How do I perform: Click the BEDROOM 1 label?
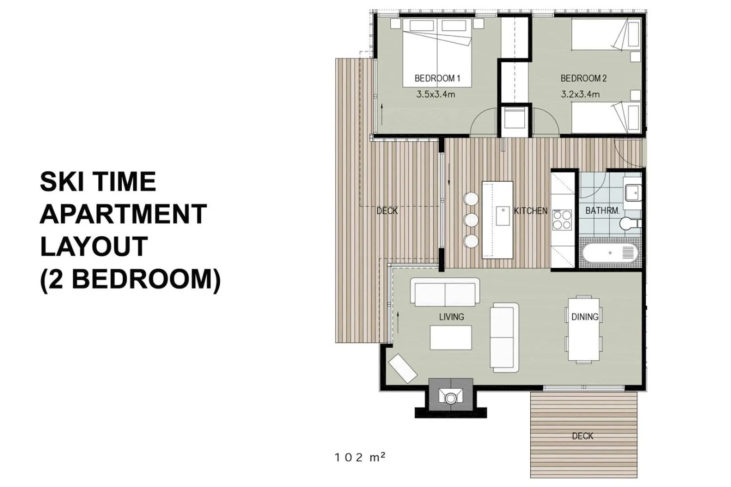click(x=437, y=78)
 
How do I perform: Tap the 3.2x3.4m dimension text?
click(x=580, y=94)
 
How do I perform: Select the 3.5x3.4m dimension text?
click(x=435, y=94)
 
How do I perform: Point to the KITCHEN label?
click(x=531, y=211)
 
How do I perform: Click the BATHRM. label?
click(x=602, y=211)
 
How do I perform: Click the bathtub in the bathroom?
click(x=610, y=253)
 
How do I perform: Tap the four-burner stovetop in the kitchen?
click(x=562, y=221)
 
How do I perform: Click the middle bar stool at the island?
click(x=471, y=220)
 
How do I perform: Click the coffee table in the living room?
click(x=450, y=338)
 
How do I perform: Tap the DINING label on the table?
click(x=585, y=317)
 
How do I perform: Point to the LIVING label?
click(x=451, y=317)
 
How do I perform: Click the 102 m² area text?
click(x=360, y=457)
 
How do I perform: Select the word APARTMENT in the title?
click(x=123, y=214)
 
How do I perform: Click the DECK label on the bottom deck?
click(x=583, y=436)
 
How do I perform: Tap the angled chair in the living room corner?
click(x=403, y=368)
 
